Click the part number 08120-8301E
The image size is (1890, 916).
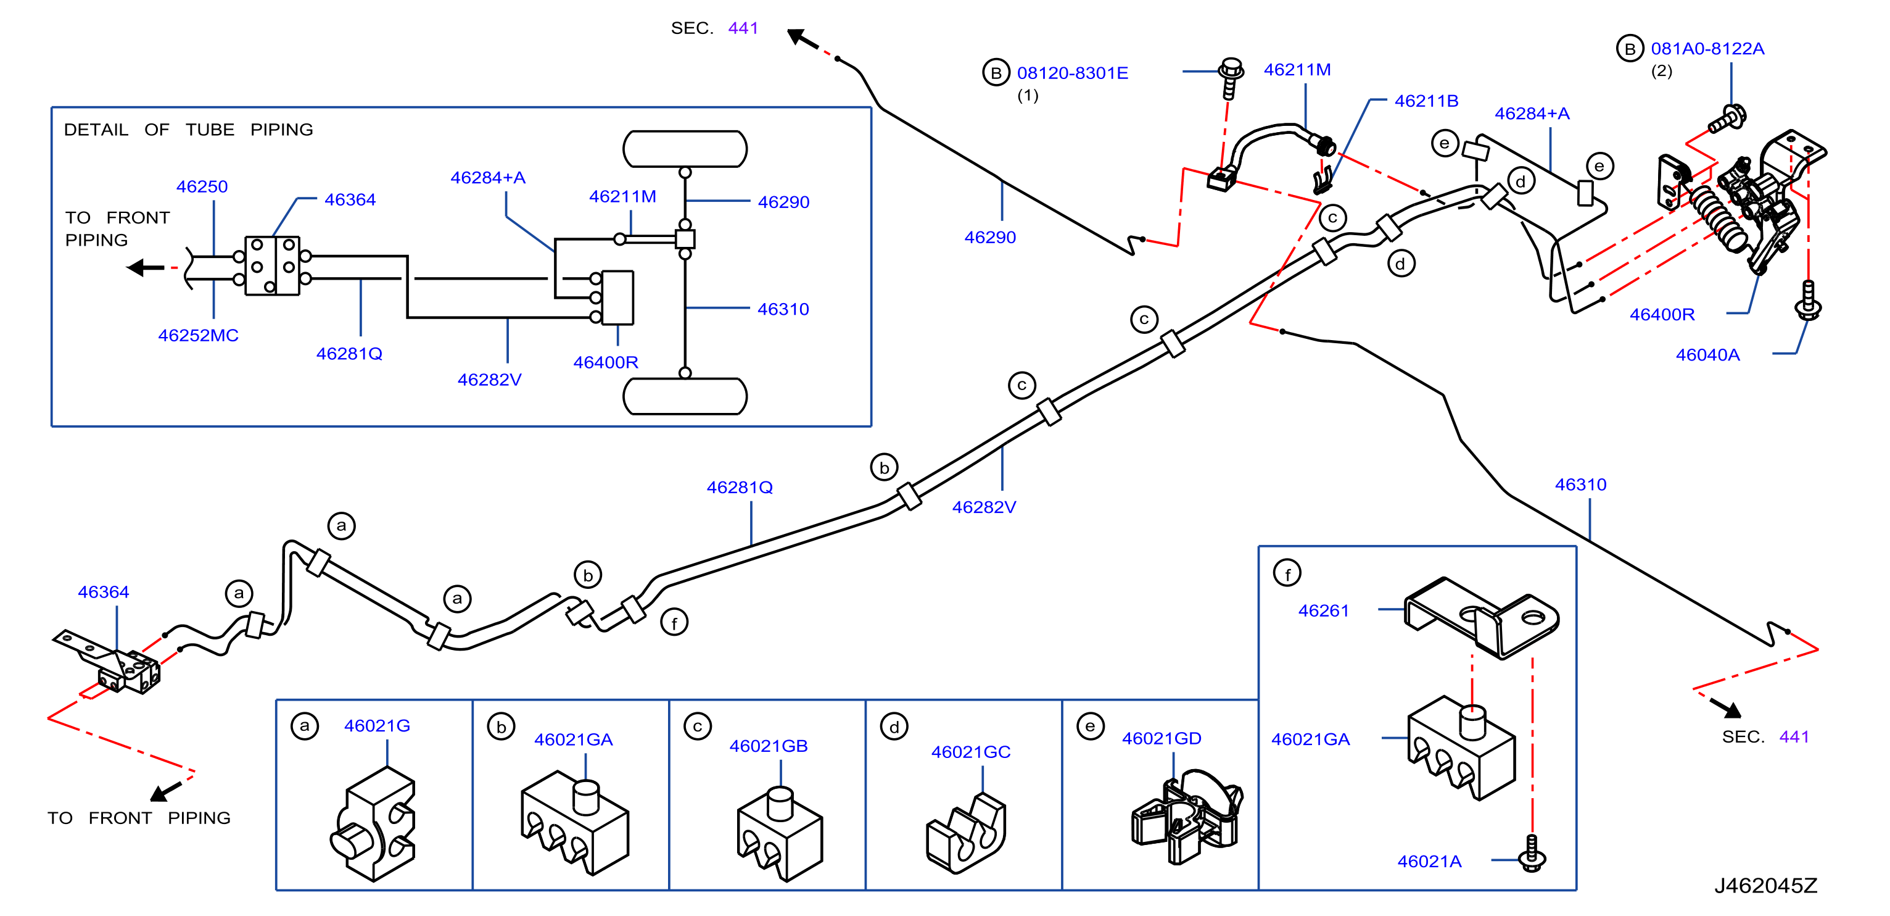tap(1072, 73)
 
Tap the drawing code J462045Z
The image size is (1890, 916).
tap(1765, 885)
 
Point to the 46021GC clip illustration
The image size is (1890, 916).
tap(965, 833)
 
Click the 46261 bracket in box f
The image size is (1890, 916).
tap(1480, 617)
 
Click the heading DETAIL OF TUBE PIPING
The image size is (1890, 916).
tap(189, 130)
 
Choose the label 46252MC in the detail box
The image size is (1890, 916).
tap(198, 335)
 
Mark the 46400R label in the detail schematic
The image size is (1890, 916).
tap(605, 362)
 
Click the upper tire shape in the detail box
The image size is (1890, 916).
tap(685, 149)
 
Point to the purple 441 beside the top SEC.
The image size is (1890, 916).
tap(743, 28)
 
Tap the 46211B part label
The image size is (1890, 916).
tap(1426, 101)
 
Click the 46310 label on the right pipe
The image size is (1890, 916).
tap(1580, 485)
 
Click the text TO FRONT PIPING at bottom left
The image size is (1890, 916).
tap(139, 818)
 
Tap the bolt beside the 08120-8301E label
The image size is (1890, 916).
tap(1231, 78)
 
